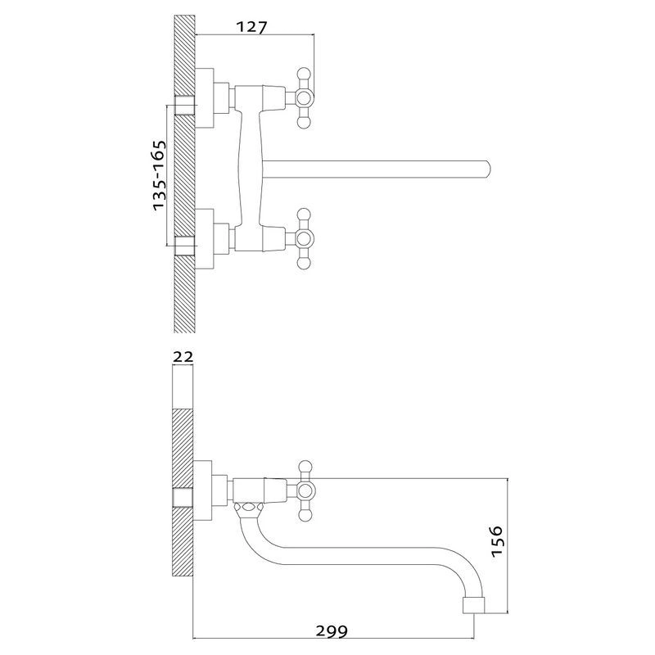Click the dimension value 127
coord(251,28)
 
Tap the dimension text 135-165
coord(159,175)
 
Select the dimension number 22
coord(183,357)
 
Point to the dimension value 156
coord(497,541)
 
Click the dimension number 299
coord(332,630)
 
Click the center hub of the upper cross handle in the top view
coord(304,97)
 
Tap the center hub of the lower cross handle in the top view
coord(304,238)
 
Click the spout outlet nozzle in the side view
coord(474,605)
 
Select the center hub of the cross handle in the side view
coord(305,490)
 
